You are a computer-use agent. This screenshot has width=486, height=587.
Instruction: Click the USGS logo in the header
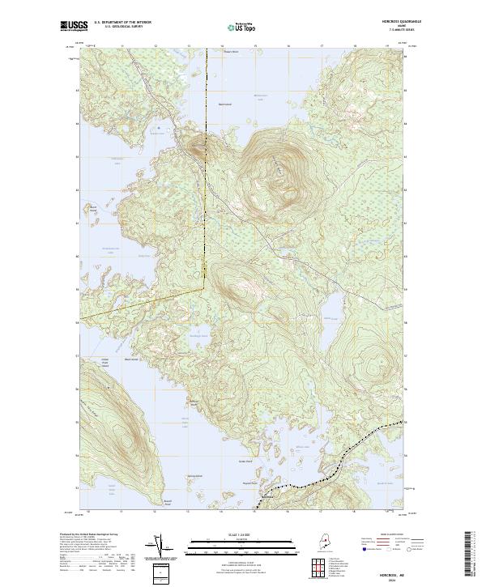[72, 26]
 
